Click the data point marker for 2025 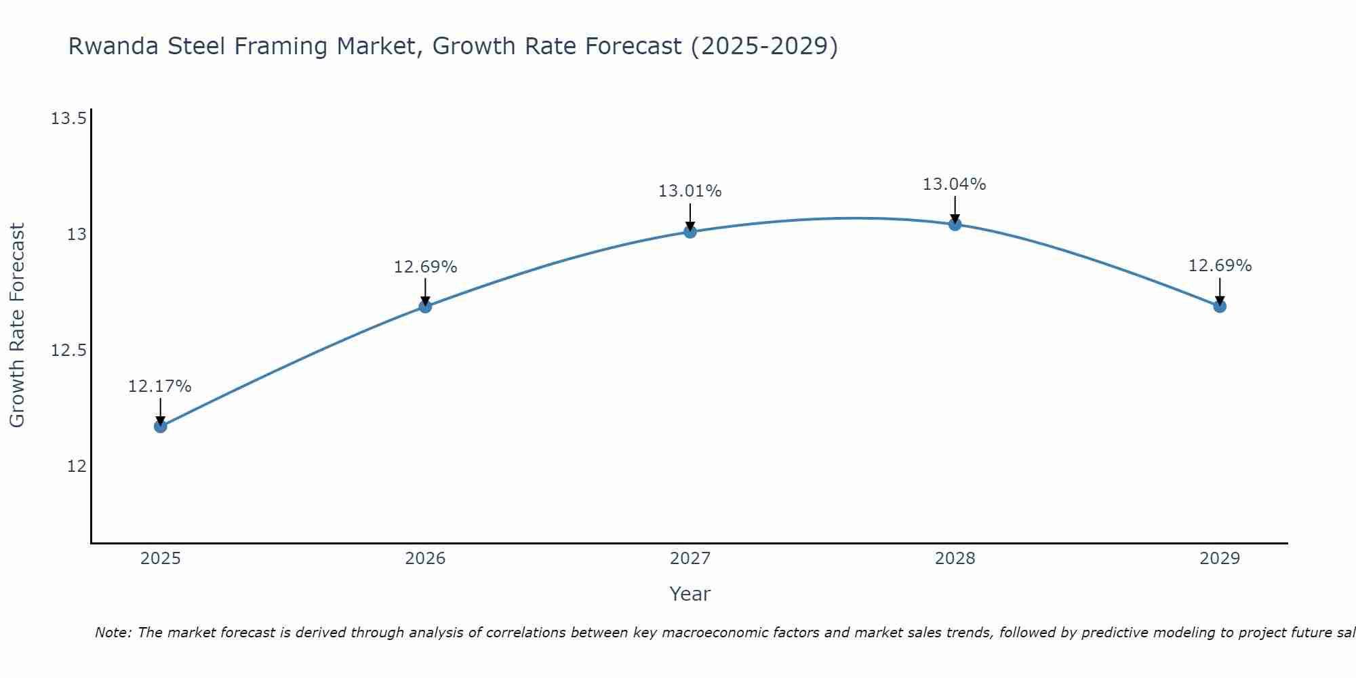(x=161, y=426)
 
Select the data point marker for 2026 (x=425, y=306)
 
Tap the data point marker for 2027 (x=690, y=232)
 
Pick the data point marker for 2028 (x=955, y=224)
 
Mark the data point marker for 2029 (x=1220, y=306)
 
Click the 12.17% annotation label (x=160, y=386)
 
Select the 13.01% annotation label (x=690, y=191)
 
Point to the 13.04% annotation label (x=955, y=184)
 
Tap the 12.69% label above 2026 (x=426, y=267)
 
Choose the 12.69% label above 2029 (x=1220, y=266)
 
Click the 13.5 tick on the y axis (x=68, y=119)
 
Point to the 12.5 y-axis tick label (x=68, y=351)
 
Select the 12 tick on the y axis (x=77, y=466)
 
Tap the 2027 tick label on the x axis (x=690, y=559)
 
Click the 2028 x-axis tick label (x=955, y=559)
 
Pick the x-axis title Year (x=690, y=594)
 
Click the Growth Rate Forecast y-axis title (x=17, y=325)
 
